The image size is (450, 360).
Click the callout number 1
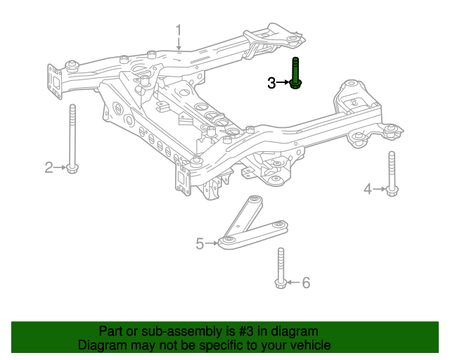click(x=179, y=30)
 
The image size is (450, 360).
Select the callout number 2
click(x=49, y=167)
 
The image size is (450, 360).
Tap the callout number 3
click(x=271, y=83)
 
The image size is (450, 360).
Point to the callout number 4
click(x=368, y=188)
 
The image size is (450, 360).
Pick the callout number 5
click(x=200, y=244)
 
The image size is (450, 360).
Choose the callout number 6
click(x=305, y=283)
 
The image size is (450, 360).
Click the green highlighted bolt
click(x=296, y=74)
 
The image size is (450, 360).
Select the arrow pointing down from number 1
click(x=179, y=44)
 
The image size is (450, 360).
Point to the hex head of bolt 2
click(x=72, y=168)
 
